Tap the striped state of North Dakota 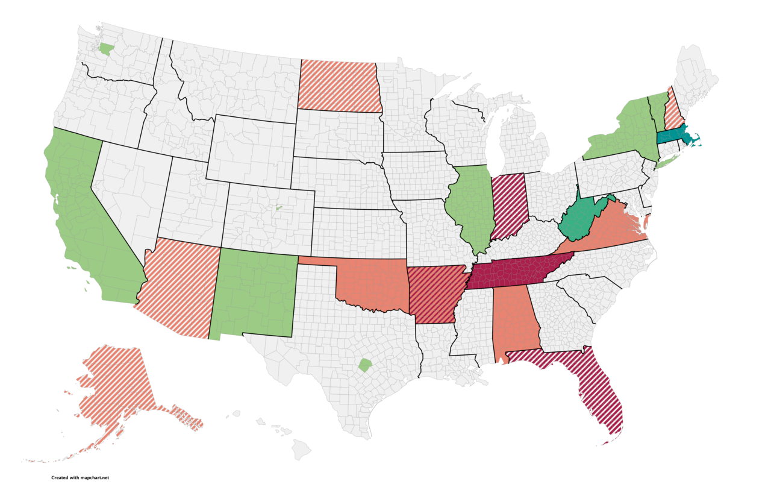[x=339, y=86]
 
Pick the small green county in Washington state [x=106, y=49]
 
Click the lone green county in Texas [x=364, y=365]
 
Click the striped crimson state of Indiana [x=510, y=205]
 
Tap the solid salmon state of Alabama [x=515, y=319]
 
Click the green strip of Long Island [x=669, y=160]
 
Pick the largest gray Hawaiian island [x=302, y=448]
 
